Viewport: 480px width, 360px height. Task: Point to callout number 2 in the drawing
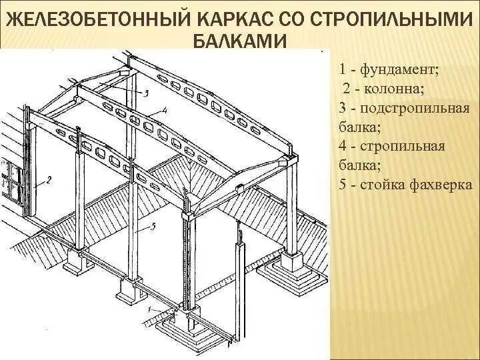[49, 179]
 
